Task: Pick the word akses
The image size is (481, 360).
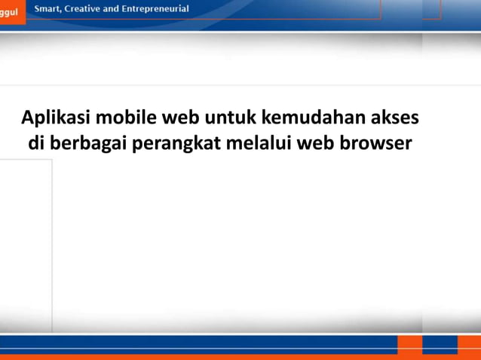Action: click(x=397, y=118)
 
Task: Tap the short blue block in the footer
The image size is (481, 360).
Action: click(x=440, y=345)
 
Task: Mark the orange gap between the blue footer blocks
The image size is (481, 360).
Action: click(x=409, y=345)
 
